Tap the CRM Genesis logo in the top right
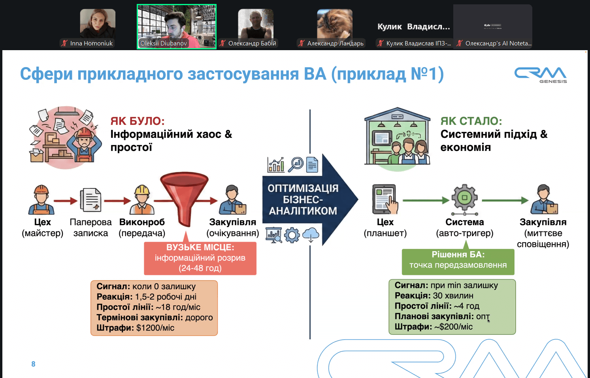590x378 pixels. tap(540, 75)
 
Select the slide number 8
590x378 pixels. tap(33, 364)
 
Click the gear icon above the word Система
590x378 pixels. tap(464, 197)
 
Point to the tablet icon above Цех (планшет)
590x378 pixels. tap(385, 199)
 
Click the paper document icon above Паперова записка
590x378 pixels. tap(90, 199)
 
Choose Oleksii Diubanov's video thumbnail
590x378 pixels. tap(177, 26)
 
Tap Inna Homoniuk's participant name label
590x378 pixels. tap(91, 43)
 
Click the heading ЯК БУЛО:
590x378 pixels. tap(137, 121)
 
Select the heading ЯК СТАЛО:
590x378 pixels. tap(471, 121)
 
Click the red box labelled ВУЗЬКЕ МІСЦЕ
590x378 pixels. tap(200, 258)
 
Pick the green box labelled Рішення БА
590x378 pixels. tap(458, 260)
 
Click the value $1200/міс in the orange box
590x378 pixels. tap(155, 328)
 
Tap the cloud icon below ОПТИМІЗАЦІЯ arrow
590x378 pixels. tap(311, 235)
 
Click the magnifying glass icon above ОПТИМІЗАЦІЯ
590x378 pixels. tap(295, 164)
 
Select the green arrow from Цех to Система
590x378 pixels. tap(426, 200)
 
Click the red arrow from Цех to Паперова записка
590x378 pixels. tap(66, 201)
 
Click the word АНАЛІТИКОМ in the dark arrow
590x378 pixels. tap(303, 211)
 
